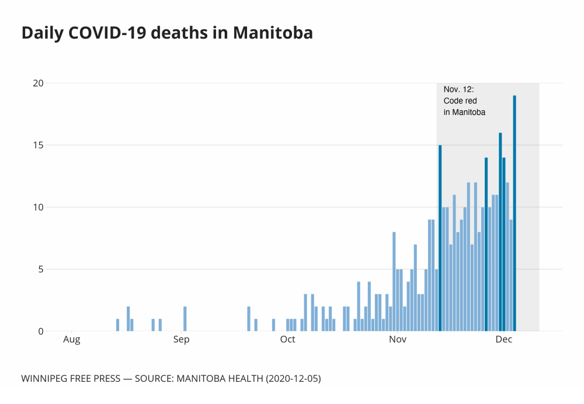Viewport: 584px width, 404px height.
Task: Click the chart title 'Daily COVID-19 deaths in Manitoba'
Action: tap(167, 33)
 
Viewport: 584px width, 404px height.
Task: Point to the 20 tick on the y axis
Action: tap(38, 83)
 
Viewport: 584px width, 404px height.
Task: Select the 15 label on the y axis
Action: tap(38, 145)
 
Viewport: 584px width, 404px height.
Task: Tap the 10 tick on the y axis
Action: tap(38, 207)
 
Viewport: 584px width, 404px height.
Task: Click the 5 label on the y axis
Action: tap(40, 269)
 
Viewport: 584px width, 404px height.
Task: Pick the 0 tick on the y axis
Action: tap(40, 331)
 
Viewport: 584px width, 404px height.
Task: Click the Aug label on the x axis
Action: tap(71, 340)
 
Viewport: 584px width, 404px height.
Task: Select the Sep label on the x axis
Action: tap(182, 340)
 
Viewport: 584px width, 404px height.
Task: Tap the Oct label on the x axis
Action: tap(287, 340)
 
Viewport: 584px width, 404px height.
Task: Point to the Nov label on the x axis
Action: tap(397, 340)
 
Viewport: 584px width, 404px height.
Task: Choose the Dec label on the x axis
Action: tap(503, 340)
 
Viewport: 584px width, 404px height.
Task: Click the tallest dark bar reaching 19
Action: tap(515, 214)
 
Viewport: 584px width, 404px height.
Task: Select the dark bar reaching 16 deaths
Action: tap(500, 232)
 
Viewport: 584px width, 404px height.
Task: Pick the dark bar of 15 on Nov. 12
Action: tap(440, 238)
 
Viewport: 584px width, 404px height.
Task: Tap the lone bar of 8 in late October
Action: tap(394, 281)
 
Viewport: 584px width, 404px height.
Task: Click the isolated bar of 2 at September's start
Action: tap(185, 319)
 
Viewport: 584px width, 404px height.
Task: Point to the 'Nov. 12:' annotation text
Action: tap(459, 89)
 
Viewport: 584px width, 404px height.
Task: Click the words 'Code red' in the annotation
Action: tap(460, 101)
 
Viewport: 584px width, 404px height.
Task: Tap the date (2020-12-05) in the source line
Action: tap(293, 379)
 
